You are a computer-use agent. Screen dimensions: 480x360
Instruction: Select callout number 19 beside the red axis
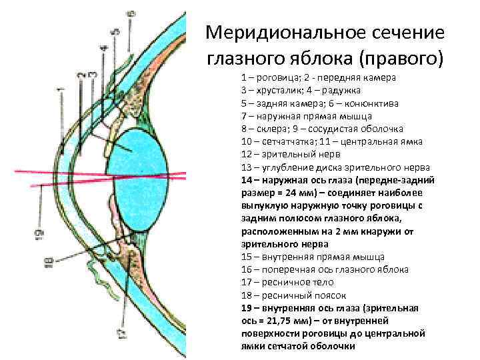click(x=40, y=233)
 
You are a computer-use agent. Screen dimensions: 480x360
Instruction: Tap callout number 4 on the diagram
click(x=103, y=49)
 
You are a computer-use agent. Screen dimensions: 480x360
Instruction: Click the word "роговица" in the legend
click(x=276, y=78)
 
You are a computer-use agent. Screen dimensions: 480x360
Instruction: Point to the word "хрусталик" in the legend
click(x=280, y=91)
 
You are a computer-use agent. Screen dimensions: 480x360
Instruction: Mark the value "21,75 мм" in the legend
click(x=269, y=321)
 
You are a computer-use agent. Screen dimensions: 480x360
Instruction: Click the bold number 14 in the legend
click(x=247, y=180)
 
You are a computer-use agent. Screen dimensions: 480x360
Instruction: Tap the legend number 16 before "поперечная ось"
click(x=247, y=269)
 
